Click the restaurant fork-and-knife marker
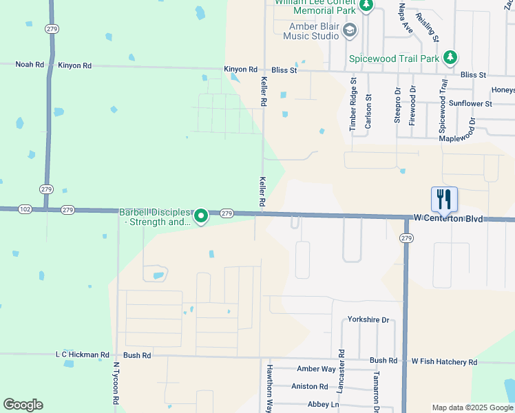click(444, 200)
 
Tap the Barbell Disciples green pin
click(201, 216)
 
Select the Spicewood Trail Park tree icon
click(450, 58)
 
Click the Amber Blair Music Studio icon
click(350, 30)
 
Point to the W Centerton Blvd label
click(448, 218)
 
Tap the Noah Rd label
click(30, 65)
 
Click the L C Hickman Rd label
click(82, 355)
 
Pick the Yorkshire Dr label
click(368, 320)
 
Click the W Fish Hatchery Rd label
click(444, 361)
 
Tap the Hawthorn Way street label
click(270, 388)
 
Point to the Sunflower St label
click(470, 104)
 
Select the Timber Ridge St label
click(353, 103)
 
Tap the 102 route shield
click(25, 209)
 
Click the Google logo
click(23, 405)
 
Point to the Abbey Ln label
click(323, 405)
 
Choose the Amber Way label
click(316, 370)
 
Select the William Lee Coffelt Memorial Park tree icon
click(367, 6)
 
